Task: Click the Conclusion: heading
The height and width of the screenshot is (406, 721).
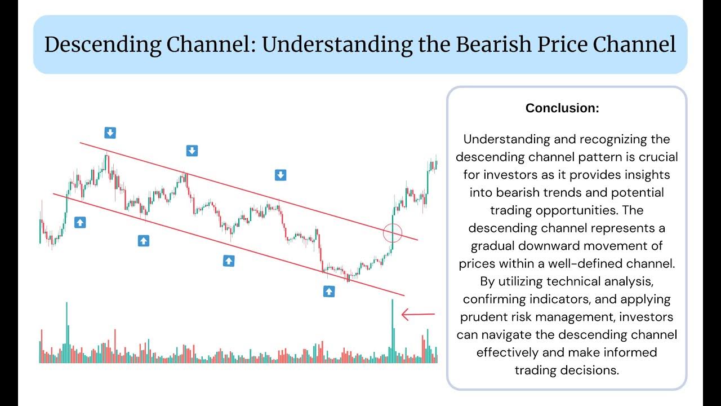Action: tap(562, 108)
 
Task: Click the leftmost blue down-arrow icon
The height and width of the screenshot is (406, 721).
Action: tap(110, 133)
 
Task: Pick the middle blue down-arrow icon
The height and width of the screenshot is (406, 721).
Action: tap(192, 151)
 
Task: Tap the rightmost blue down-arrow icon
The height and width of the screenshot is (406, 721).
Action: tap(280, 175)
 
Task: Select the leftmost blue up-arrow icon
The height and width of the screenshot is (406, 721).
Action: tap(80, 222)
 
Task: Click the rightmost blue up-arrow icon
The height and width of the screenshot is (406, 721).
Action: tap(328, 291)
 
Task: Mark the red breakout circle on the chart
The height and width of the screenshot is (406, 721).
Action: tap(392, 232)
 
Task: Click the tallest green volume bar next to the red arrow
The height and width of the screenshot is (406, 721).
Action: tap(392, 333)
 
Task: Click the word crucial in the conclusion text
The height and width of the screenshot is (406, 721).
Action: tap(657, 157)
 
